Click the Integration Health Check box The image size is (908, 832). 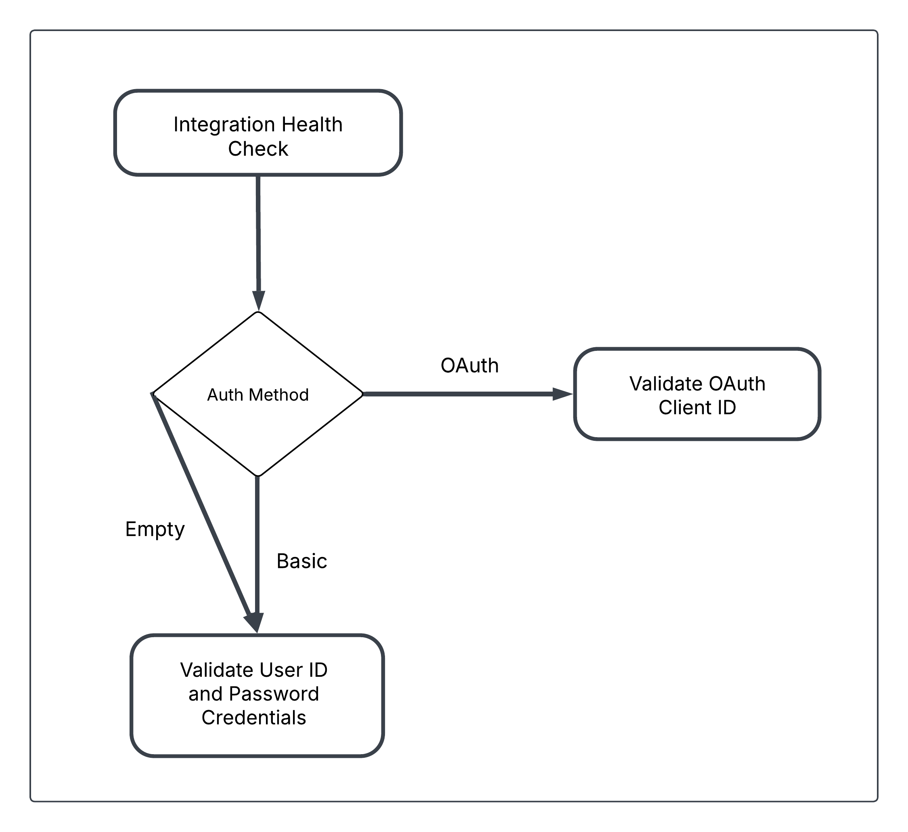click(258, 133)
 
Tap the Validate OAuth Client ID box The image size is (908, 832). click(697, 394)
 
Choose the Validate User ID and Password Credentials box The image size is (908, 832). click(257, 696)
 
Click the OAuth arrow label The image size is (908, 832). click(470, 365)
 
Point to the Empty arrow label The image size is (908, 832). click(155, 530)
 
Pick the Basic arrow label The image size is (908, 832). click(302, 561)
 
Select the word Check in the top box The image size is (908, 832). click(258, 148)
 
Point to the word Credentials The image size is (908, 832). click(253, 717)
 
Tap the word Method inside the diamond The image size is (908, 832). click(279, 395)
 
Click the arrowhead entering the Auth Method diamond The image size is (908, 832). click(259, 301)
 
